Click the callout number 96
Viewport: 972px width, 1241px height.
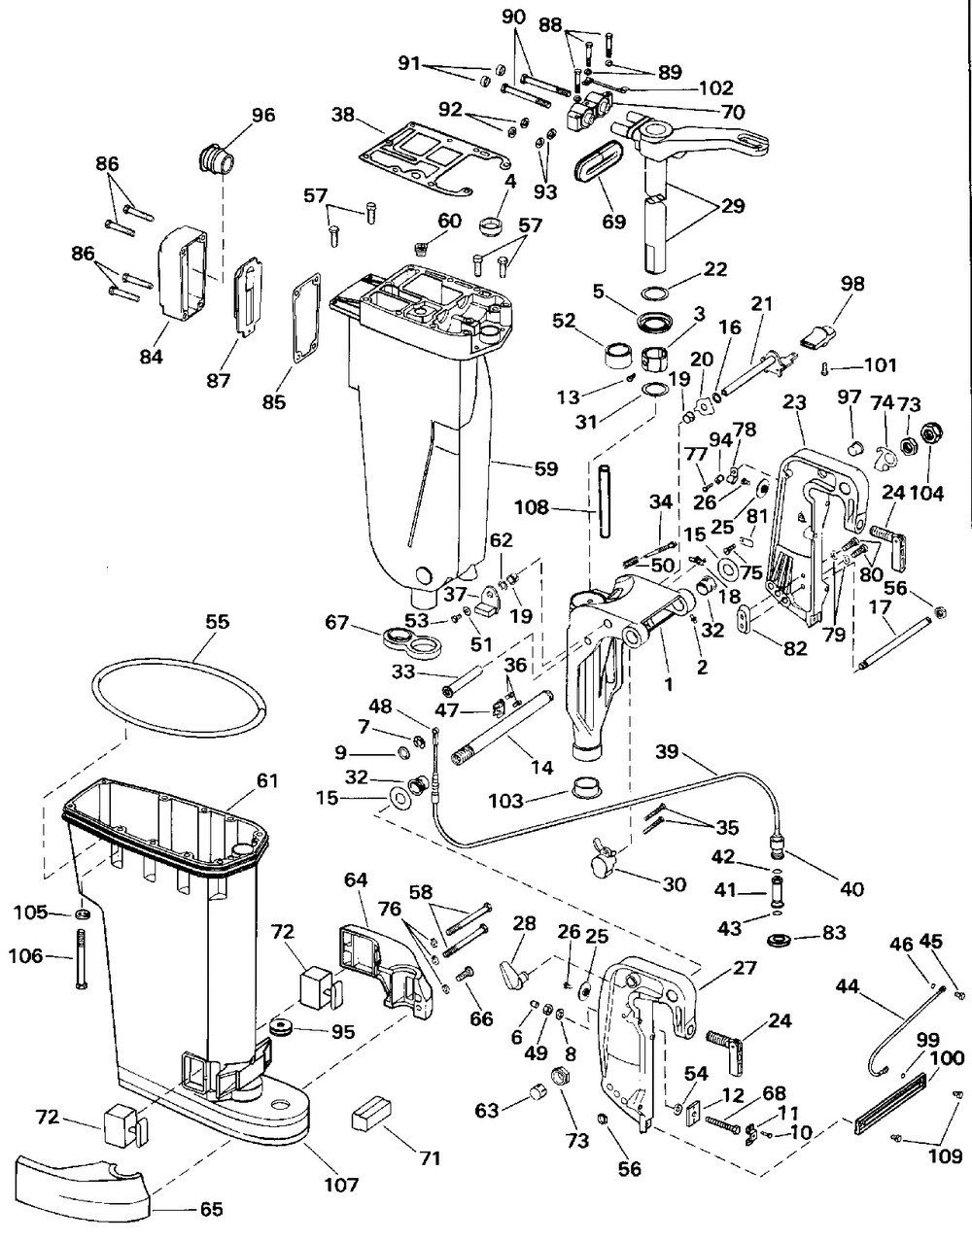coord(263,116)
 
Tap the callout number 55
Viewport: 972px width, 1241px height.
coord(218,621)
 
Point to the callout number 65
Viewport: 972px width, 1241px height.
coord(210,1210)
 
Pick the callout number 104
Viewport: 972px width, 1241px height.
coord(927,493)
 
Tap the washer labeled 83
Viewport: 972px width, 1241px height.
coord(780,940)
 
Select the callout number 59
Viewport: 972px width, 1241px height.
coord(544,468)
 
